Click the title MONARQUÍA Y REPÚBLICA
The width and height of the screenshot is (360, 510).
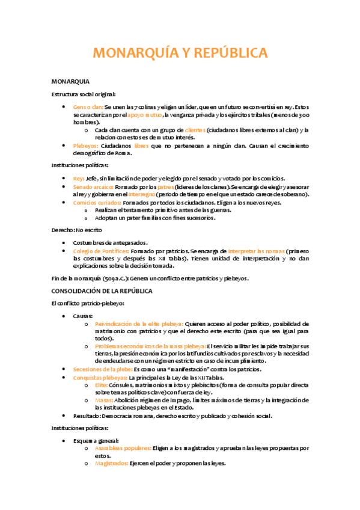pyautogui.click(x=180, y=54)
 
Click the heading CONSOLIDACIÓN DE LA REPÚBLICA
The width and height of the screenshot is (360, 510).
pyautogui.click(x=102, y=290)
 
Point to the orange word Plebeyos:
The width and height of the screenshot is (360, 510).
pyautogui.click(x=87, y=145)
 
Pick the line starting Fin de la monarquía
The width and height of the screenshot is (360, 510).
pyautogui.click(x=150, y=278)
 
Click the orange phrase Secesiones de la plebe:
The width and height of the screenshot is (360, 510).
pyautogui.click(x=102, y=369)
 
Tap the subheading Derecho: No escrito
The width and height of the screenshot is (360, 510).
pyautogui.click(x=77, y=230)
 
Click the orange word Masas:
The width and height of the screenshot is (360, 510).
pyautogui.click(x=105, y=400)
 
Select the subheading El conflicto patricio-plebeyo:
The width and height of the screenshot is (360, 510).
pyautogui.click(x=88, y=304)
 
